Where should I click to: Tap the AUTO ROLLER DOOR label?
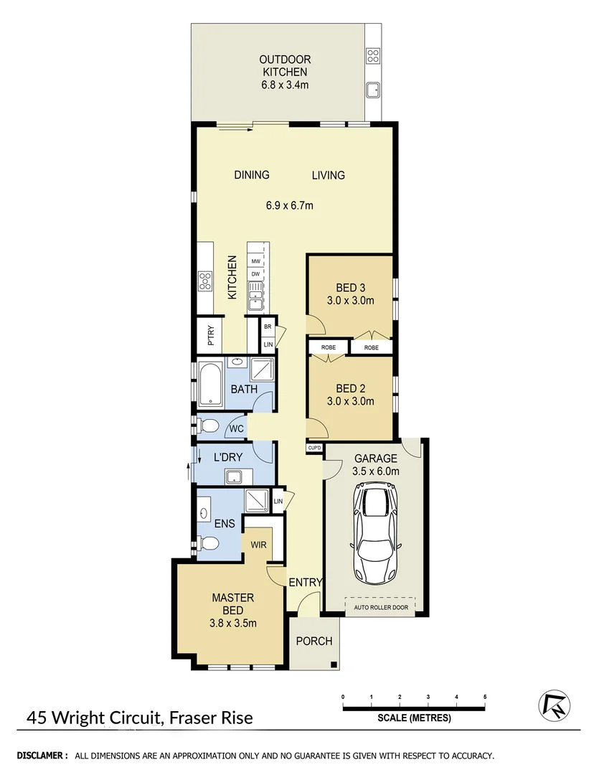pos(380,607)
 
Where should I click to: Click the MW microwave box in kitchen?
pos(255,262)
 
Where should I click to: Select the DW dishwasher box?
pos(255,274)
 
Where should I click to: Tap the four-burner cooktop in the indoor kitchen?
pos(205,281)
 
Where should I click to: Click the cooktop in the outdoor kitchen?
pos(373,55)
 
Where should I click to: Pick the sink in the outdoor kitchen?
pos(373,90)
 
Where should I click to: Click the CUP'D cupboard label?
pos(313,448)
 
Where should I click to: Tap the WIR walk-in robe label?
pos(258,545)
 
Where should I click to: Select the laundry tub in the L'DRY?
pos(234,475)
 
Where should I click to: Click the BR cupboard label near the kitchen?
pos(268,327)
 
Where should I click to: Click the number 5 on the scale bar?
pos(485,697)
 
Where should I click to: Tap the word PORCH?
pos(315,641)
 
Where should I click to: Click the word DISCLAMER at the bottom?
pos(42,756)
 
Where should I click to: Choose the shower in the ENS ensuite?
pos(255,499)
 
